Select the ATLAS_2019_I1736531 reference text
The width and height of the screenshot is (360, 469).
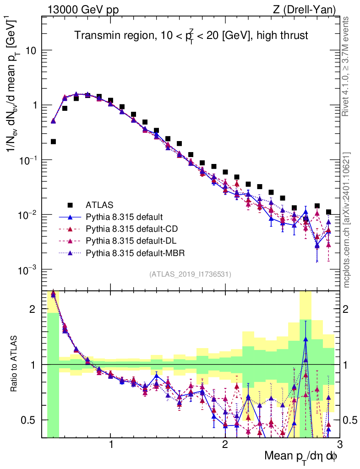(x=190, y=274)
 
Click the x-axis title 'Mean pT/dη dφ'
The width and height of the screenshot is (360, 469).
(x=300, y=456)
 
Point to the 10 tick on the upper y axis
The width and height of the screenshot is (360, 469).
(x=30, y=50)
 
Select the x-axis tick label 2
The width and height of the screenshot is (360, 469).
(x=225, y=443)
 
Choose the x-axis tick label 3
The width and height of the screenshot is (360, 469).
(x=339, y=443)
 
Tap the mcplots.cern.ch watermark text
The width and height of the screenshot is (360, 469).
(x=348, y=219)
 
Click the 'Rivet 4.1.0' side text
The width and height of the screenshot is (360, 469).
(x=348, y=66)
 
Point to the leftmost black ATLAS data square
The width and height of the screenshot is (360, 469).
(x=53, y=142)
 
